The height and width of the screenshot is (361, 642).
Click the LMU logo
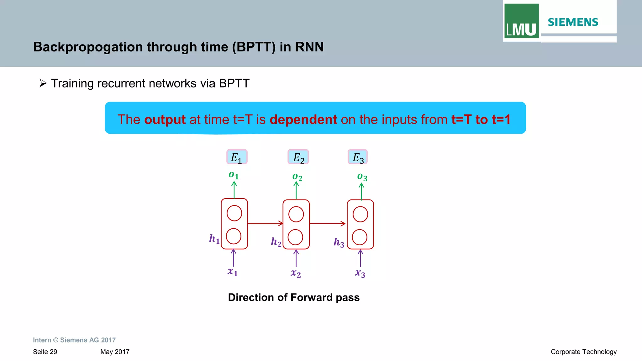pyautogui.click(x=521, y=21)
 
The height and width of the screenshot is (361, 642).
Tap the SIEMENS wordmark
pyautogui.click(x=573, y=22)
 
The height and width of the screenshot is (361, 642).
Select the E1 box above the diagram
pyautogui.click(x=237, y=157)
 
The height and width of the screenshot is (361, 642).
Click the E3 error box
pyautogui.click(x=358, y=157)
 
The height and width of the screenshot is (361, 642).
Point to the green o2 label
pyautogui.click(x=297, y=177)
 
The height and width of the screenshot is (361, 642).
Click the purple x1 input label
pyautogui.click(x=233, y=272)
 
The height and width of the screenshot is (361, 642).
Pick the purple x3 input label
pyautogui.click(x=360, y=273)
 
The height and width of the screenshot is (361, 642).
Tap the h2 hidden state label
pyautogui.click(x=276, y=242)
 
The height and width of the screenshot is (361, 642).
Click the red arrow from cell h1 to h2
pyautogui.click(x=265, y=223)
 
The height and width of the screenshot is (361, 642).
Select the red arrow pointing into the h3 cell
pyautogui.click(x=328, y=224)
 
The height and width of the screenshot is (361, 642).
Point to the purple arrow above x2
pyautogui.click(x=296, y=258)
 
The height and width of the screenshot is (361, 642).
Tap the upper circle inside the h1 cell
pyautogui.click(x=234, y=213)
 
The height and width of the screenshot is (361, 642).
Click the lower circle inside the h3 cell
pyautogui.click(x=360, y=237)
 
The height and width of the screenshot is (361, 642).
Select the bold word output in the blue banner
pyautogui.click(x=165, y=120)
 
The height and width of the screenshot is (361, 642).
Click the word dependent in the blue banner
pyautogui.click(x=303, y=120)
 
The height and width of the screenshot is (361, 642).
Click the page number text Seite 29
pyautogui.click(x=45, y=352)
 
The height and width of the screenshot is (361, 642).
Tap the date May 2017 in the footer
pyautogui.click(x=115, y=352)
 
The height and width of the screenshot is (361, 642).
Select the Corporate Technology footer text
pyautogui.click(x=583, y=352)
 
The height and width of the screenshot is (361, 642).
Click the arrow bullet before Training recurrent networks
pyautogui.click(x=43, y=83)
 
